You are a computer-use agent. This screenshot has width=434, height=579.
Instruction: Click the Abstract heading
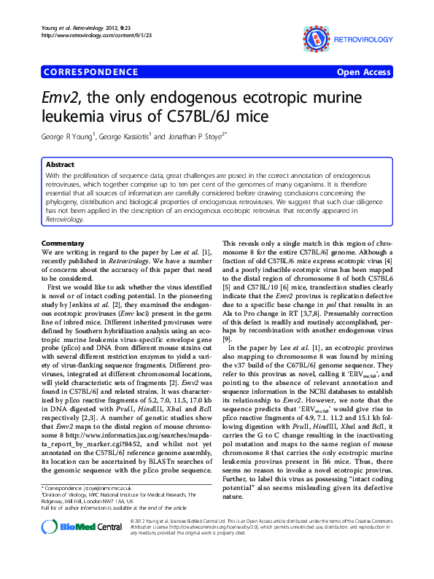[x=61, y=165]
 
